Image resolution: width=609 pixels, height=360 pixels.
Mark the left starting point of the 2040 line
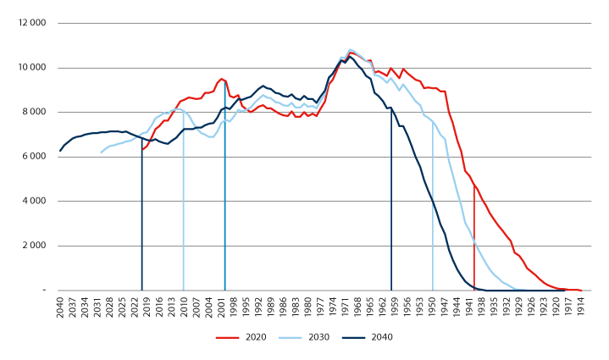click(60, 151)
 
